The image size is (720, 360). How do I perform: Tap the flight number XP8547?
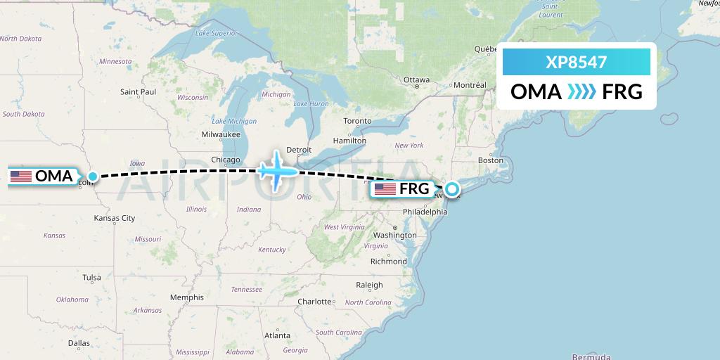576,63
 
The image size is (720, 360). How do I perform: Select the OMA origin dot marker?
92,176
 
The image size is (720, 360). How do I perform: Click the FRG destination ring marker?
452,188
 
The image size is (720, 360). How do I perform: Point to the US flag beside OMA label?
21,176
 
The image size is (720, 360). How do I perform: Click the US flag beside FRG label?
385,188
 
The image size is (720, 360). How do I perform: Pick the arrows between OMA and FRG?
581,92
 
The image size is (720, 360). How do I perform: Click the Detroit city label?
299,150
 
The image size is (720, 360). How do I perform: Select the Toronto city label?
357,121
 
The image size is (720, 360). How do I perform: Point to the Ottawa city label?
416,80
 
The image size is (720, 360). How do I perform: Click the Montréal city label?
470,85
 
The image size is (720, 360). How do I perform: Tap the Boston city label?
490,160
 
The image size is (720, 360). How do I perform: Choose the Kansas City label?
114,218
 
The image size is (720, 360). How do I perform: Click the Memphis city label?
186,297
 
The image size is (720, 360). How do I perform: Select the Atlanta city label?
277,335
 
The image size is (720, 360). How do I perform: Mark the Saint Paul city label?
138,91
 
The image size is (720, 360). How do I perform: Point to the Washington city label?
396,235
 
